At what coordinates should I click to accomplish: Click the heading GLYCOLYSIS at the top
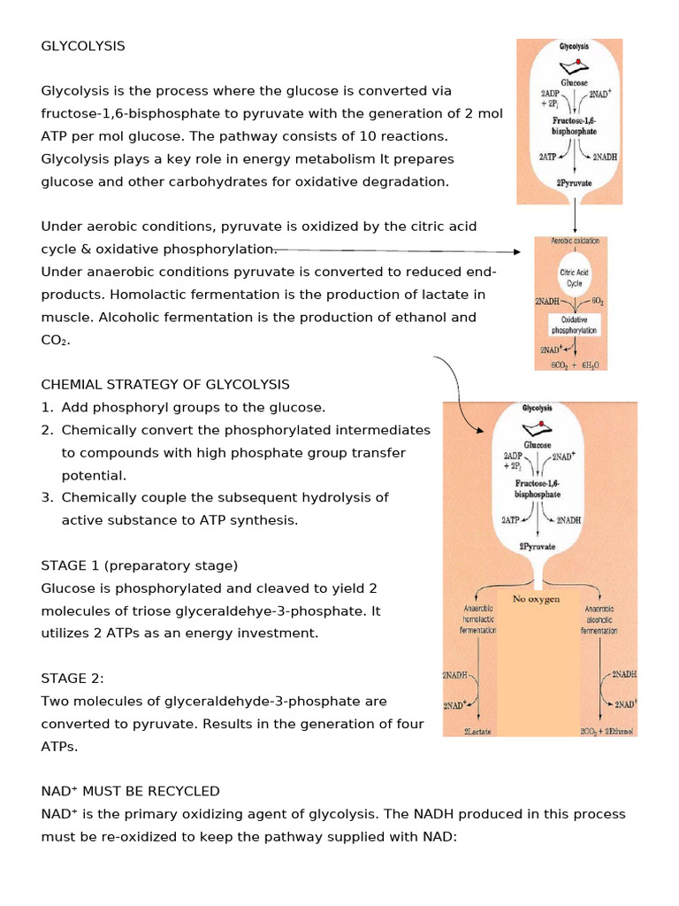pyautogui.click(x=83, y=46)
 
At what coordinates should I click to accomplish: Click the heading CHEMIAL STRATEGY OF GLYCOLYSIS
pyautogui.click(x=165, y=384)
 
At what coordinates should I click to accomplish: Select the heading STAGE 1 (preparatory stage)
pyautogui.click(x=140, y=565)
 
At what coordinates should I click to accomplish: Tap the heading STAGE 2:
pyautogui.click(x=72, y=678)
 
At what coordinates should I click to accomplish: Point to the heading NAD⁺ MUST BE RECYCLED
pyautogui.click(x=130, y=791)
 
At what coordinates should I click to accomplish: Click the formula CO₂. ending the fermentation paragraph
pyautogui.click(x=56, y=340)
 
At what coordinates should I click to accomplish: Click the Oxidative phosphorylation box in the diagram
pyautogui.click(x=575, y=325)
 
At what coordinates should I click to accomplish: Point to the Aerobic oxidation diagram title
pyautogui.click(x=575, y=241)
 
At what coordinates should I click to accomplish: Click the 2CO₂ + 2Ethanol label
pyautogui.click(x=608, y=731)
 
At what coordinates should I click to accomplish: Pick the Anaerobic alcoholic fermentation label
pyautogui.click(x=599, y=619)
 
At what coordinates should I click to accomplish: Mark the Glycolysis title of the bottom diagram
pyautogui.click(x=537, y=409)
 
